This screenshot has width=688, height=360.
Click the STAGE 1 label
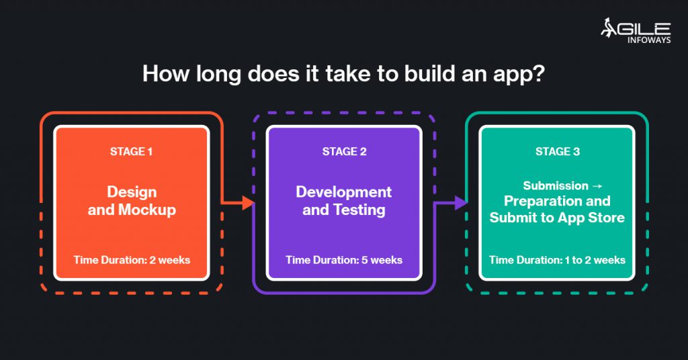point(131,152)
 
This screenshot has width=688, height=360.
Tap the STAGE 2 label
point(344,152)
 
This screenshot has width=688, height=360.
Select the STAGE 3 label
point(557,152)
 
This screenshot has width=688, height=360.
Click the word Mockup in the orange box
point(146,210)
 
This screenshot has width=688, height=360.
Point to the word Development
point(343,192)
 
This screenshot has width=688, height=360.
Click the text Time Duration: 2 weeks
point(132,260)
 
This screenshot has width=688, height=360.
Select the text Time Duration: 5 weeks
point(344,260)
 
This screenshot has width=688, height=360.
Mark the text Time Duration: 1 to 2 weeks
point(557,260)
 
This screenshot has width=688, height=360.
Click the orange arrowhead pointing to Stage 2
point(248,201)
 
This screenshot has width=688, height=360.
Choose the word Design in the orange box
point(132,192)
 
